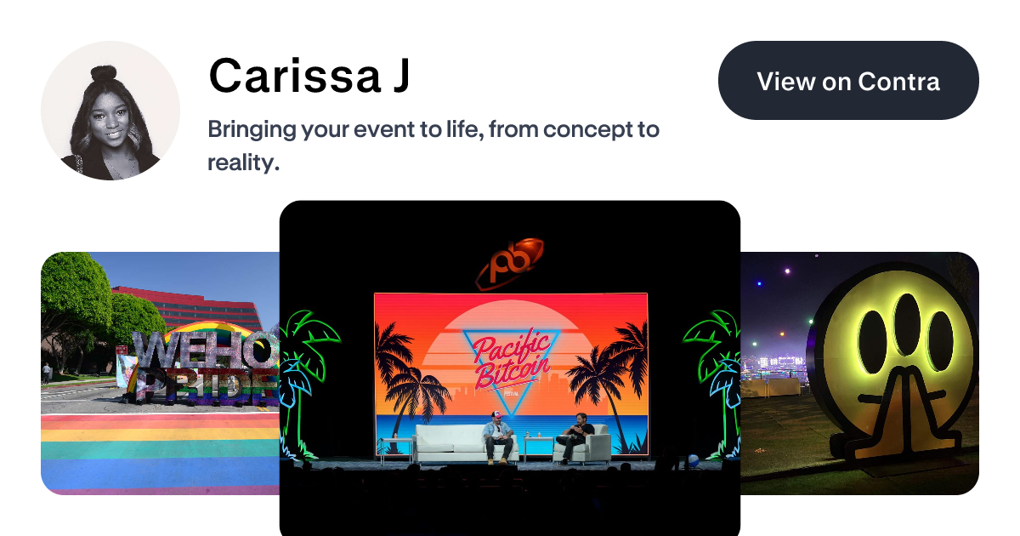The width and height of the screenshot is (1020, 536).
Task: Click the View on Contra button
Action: [848, 81]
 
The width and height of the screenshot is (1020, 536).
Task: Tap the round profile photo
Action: [110, 111]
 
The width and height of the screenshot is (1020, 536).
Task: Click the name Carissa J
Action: [309, 76]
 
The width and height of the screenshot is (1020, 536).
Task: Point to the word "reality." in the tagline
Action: [244, 162]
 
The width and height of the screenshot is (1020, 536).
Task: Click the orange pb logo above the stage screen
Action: [509, 262]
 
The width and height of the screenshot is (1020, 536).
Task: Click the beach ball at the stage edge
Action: [693, 460]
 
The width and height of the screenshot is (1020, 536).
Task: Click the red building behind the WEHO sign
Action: [195, 306]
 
